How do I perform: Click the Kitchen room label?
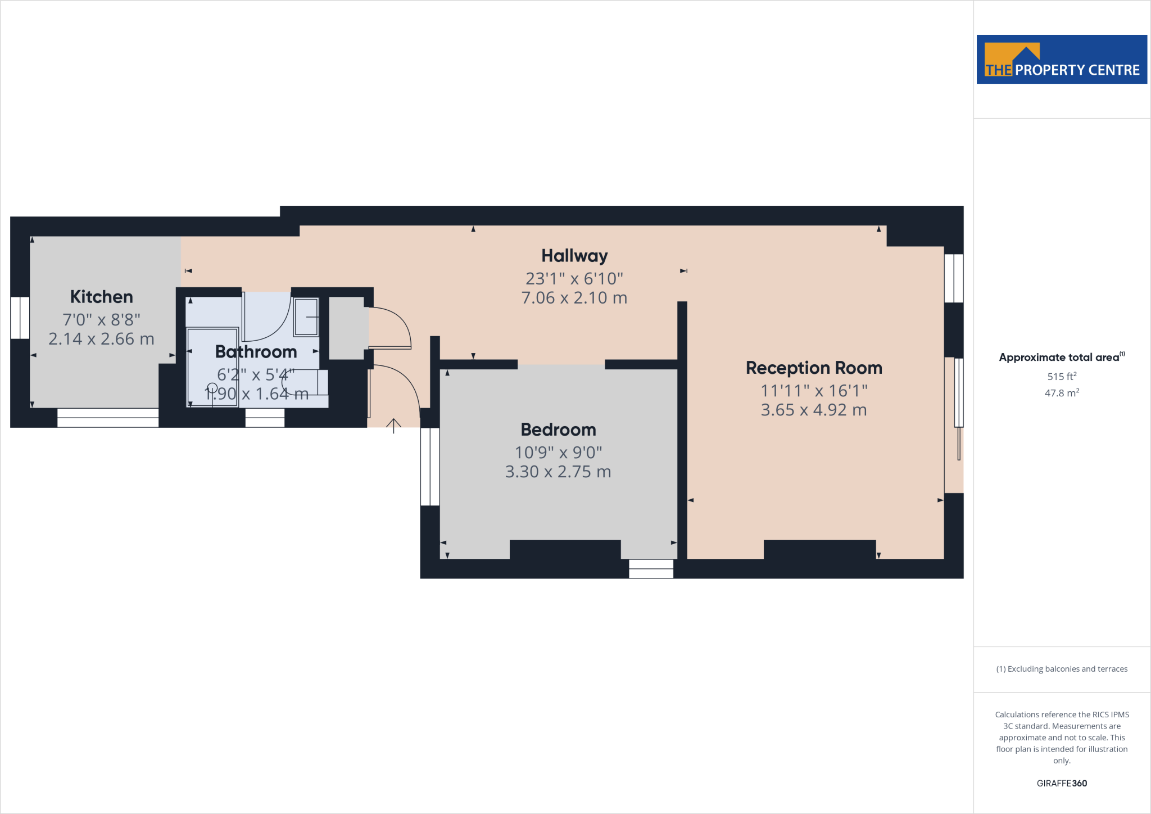pyautogui.click(x=102, y=297)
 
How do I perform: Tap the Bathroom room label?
pyautogui.click(x=256, y=352)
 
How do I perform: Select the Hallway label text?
pyautogui.click(x=574, y=256)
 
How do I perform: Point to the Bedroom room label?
pyautogui.click(x=558, y=429)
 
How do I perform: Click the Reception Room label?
pyautogui.click(x=814, y=368)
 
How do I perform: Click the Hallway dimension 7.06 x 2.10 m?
pyautogui.click(x=574, y=298)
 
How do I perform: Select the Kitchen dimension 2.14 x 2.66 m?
pyautogui.click(x=102, y=339)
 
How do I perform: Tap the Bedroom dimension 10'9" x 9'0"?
pyautogui.click(x=558, y=452)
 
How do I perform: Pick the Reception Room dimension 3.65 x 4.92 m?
pyautogui.click(x=814, y=410)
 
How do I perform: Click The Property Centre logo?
pyautogui.click(x=1062, y=60)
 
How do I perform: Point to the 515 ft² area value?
pyautogui.click(x=1062, y=377)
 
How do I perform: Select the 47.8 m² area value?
pyautogui.click(x=1062, y=393)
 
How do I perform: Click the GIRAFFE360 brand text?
pyautogui.click(x=1062, y=783)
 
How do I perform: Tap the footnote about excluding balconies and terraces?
pyautogui.click(x=1062, y=669)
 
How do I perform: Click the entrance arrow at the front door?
pyautogui.click(x=393, y=426)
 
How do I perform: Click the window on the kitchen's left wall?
pyautogui.click(x=20, y=318)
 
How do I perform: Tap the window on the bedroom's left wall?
pyautogui.click(x=430, y=467)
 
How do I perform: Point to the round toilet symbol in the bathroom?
pyautogui.click(x=212, y=388)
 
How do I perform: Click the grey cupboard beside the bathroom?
pyautogui.click(x=347, y=328)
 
